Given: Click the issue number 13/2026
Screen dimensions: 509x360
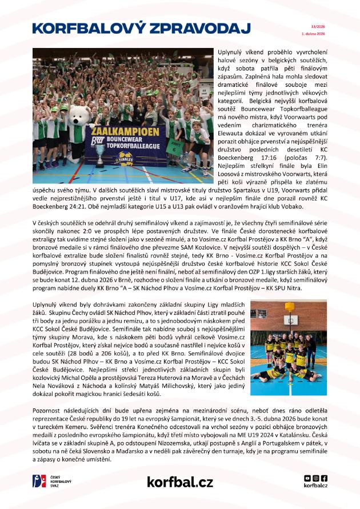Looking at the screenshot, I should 318,26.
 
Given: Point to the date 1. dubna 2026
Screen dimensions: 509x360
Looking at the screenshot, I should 313,34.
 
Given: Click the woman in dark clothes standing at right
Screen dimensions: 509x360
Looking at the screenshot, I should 311,350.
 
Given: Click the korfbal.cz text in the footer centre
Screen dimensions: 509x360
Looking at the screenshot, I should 179,482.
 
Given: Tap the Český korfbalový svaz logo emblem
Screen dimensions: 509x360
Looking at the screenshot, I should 39,481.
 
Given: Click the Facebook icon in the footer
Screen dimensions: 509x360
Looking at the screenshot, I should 325,478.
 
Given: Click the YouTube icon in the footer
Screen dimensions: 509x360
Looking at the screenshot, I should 307,478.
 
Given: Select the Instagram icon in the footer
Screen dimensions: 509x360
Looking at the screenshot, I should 316,478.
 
